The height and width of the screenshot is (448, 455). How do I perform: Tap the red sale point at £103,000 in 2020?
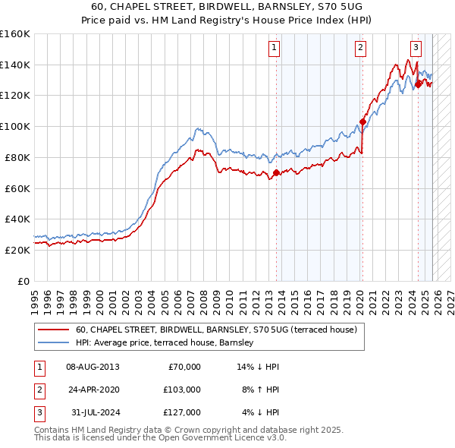[363, 121]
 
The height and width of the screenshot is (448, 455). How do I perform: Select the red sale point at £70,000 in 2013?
[276, 172]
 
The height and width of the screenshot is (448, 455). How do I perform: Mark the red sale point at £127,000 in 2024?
[418, 84]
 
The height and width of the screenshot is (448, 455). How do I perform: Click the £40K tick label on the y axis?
[17, 219]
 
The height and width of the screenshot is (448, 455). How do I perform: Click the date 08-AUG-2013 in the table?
[93, 367]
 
